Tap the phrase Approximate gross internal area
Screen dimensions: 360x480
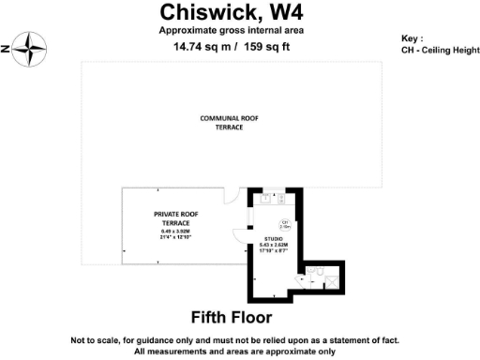(x=231, y=30)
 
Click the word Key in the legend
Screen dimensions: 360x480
(x=412, y=40)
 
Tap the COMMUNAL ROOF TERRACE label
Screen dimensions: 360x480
(x=230, y=122)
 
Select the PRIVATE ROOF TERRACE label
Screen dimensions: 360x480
(x=172, y=218)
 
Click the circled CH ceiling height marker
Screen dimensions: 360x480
(x=285, y=224)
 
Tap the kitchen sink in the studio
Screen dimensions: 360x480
(x=266, y=198)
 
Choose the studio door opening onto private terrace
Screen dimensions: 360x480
(x=240, y=239)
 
